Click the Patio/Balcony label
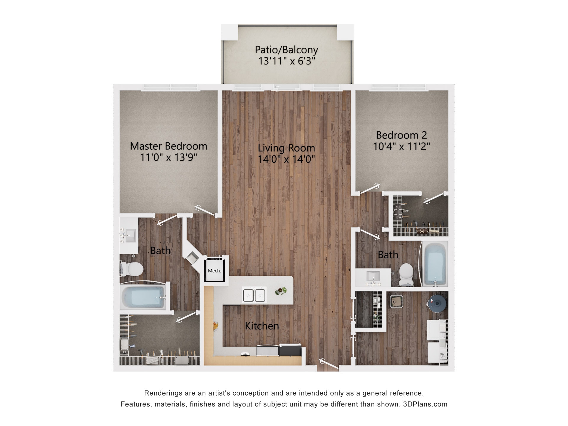[286, 50]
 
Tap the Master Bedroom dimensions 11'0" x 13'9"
[168, 157]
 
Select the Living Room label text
[286, 148]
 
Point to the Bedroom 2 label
[401, 135]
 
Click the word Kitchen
[262, 326]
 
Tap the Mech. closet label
[214, 271]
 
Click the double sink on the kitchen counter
[254, 295]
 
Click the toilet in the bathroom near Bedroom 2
[406, 274]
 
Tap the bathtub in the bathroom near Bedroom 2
[435, 263]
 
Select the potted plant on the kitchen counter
[281, 291]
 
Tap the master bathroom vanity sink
[129, 235]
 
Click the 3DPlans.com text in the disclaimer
[425, 404]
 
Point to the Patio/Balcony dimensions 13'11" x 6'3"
[286, 61]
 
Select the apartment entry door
[328, 364]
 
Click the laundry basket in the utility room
[396, 301]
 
